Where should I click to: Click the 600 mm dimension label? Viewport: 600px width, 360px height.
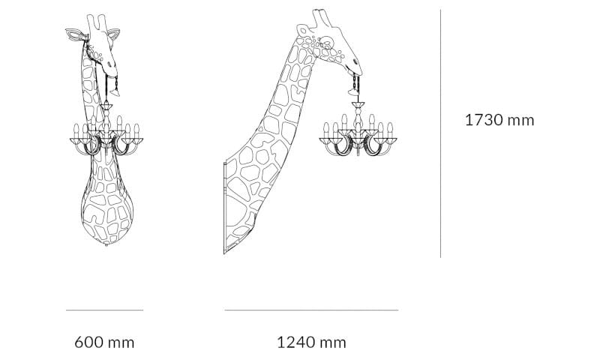(x=104, y=343)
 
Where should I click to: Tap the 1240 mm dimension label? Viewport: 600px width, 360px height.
(x=311, y=343)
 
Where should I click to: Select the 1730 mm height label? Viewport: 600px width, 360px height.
(x=499, y=120)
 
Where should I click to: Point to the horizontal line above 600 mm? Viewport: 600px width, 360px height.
(x=104, y=309)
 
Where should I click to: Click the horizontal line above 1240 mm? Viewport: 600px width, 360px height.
(x=311, y=309)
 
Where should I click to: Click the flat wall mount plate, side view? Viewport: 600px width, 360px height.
(x=224, y=210)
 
